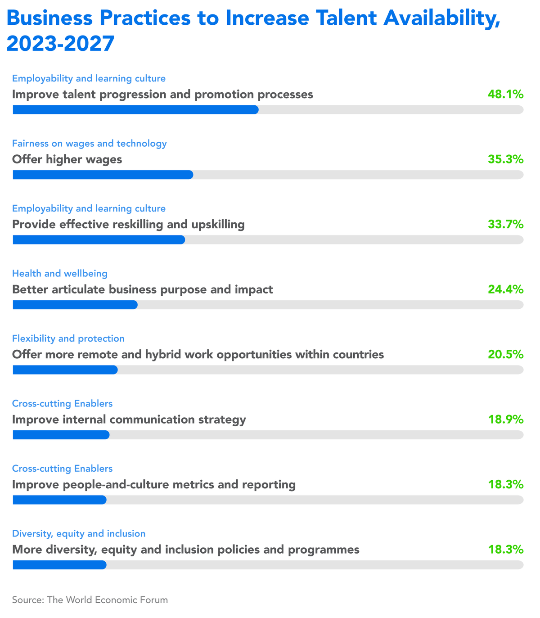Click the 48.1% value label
point(505,95)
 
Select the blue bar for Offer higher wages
point(103,175)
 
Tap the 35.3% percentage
point(505,159)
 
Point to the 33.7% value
point(505,224)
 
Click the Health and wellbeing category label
point(60,273)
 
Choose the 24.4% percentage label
point(505,289)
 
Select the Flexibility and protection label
point(68,338)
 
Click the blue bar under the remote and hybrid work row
point(65,370)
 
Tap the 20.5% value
point(505,354)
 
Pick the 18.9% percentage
point(505,420)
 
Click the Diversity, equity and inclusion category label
point(79,533)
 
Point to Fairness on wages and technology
point(90,143)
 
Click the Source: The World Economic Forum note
point(90,600)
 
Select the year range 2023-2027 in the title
point(61,44)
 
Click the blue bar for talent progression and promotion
point(135,110)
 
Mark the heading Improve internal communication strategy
point(129,420)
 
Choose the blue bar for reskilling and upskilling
point(99,240)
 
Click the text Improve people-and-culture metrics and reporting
point(154,485)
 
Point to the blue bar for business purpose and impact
point(75,305)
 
